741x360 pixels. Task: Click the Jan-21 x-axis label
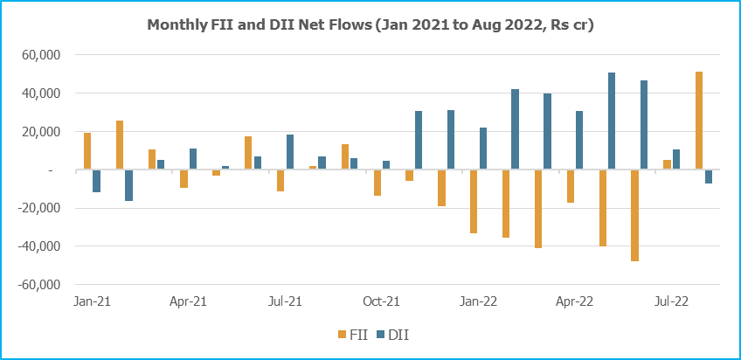tap(91, 301)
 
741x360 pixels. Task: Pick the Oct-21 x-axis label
tap(381, 301)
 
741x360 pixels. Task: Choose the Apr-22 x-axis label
tap(574, 301)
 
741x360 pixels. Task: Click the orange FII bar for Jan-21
tap(87, 151)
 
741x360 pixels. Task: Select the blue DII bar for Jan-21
tap(96, 181)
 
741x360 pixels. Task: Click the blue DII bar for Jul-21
tap(290, 152)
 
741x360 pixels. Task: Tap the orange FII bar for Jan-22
tap(474, 202)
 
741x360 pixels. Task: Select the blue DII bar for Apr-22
tap(579, 141)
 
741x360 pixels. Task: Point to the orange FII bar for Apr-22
tap(571, 186)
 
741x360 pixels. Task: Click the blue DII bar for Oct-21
tap(386, 165)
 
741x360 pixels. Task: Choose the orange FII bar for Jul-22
tap(667, 165)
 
